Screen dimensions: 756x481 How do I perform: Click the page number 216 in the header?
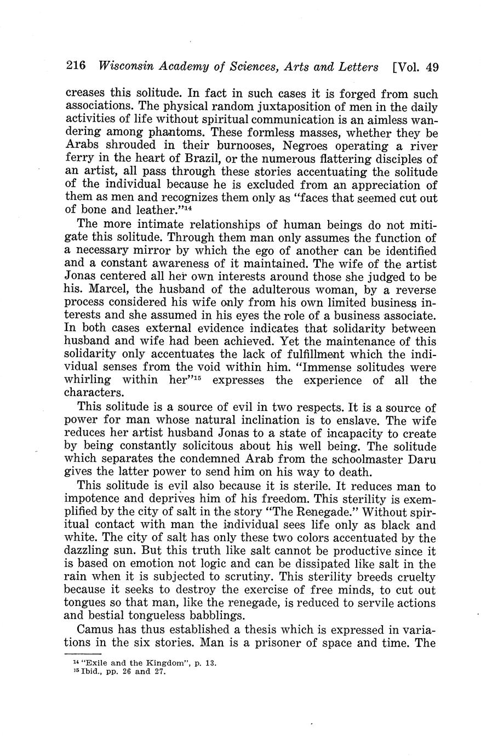(76, 67)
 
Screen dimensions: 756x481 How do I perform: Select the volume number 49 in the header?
(431, 67)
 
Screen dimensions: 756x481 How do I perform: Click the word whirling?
(88, 380)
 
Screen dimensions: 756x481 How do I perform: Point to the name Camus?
(95, 629)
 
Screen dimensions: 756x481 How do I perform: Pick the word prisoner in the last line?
(265, 643)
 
